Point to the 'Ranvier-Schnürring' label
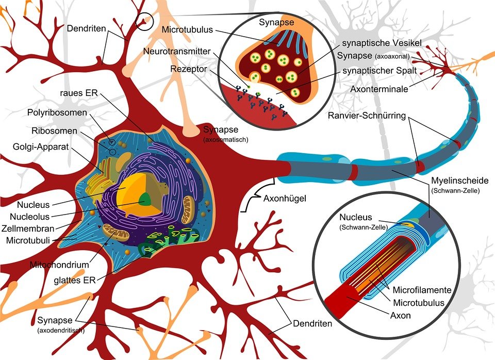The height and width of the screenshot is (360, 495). coord(368,114)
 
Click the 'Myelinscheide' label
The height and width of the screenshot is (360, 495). coord(458,181)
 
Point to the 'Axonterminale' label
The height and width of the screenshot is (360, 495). coord(379,89)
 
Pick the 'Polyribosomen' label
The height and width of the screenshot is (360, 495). coord(58,113)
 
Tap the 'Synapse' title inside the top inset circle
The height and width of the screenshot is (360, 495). coord(277,23)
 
